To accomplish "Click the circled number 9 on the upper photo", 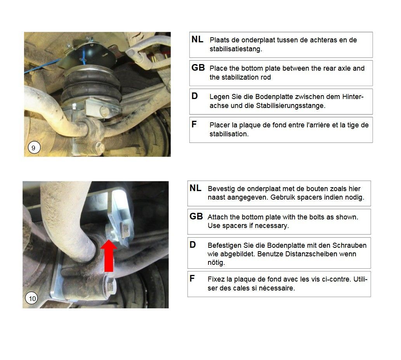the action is pos(34,147).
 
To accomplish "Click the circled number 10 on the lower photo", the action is pos(32,298).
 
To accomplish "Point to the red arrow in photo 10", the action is pos(109,256).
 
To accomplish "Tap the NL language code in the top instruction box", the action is pos(197,39).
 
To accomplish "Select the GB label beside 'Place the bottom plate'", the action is pos(198,68).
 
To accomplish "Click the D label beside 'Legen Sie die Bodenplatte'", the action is pos(194,96).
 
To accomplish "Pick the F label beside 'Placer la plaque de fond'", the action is pos(194,124).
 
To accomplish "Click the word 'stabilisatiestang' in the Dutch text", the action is pos(236,49).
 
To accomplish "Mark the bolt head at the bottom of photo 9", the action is pos(99,147).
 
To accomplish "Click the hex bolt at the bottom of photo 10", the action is pos(110,286).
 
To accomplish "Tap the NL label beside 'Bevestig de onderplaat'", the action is pos(195,188).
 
